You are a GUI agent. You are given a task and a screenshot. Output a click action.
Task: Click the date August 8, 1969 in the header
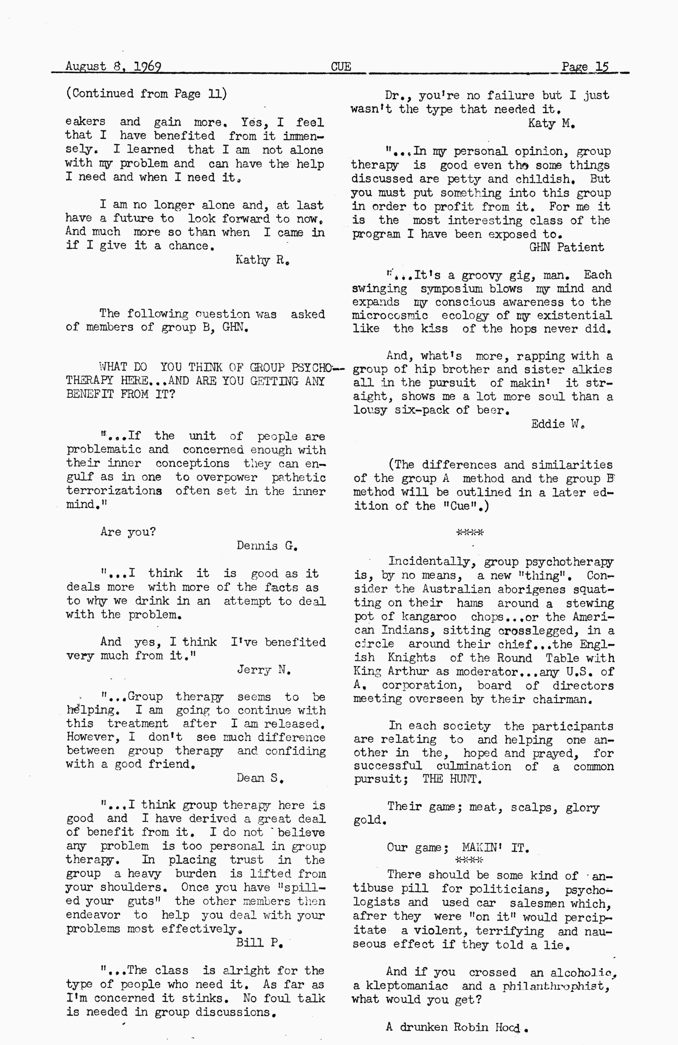[x=113, y=66]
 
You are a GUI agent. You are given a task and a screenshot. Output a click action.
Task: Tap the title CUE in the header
[x=341, y=67]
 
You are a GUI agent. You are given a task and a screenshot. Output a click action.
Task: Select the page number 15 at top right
[x=602, y=67]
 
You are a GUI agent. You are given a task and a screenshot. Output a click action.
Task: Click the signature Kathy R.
[x=262, y=260]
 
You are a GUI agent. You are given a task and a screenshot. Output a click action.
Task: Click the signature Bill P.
[x=259, y=943]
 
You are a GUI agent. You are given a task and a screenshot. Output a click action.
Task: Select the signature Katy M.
[x=551, y=123]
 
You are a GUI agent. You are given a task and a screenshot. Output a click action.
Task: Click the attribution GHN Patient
[x=566, y=247]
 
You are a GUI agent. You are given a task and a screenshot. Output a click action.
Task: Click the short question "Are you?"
[x=128, y=532]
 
